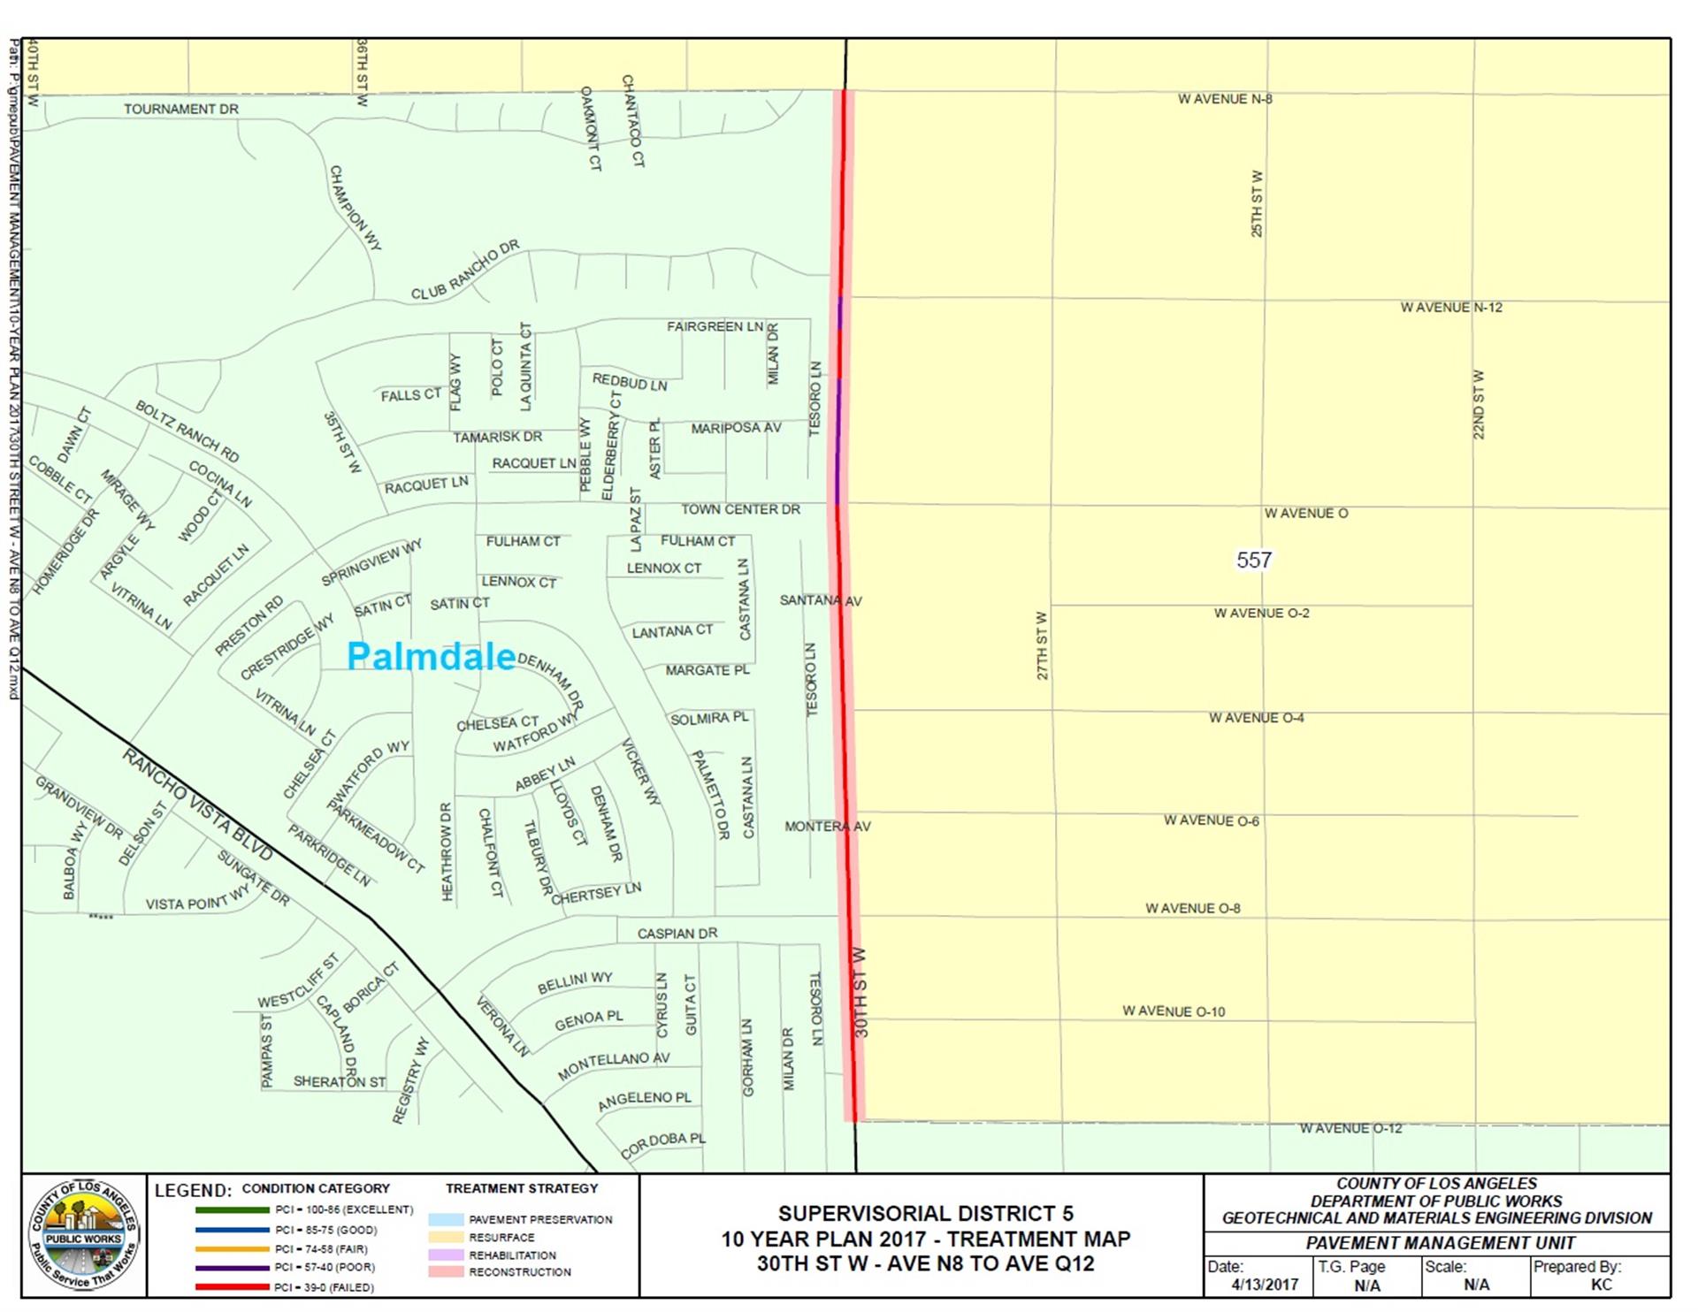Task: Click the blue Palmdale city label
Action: point(431,656)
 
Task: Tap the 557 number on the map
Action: point(1253,560)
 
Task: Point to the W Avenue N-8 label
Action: point(1224,99)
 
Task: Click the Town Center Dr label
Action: point(740,509)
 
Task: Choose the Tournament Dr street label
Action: point(181,109)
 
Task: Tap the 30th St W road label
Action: point(860,992)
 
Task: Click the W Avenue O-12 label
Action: point(1350,1128)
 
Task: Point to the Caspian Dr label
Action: point(677,933)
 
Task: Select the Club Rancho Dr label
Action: point(465,270)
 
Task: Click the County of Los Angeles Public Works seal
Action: point(84,1234)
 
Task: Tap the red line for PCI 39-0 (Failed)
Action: point(232,1286)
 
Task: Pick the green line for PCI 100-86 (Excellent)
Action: point(232,1209)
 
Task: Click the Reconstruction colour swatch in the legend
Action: point(446,1272)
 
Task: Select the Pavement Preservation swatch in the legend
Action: point(446,1219)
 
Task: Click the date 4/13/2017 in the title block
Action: point(1265,1285)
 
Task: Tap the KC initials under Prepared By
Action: point(1600,1285)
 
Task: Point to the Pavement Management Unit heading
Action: point(1436,1243)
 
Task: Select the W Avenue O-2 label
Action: point(1261,613)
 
